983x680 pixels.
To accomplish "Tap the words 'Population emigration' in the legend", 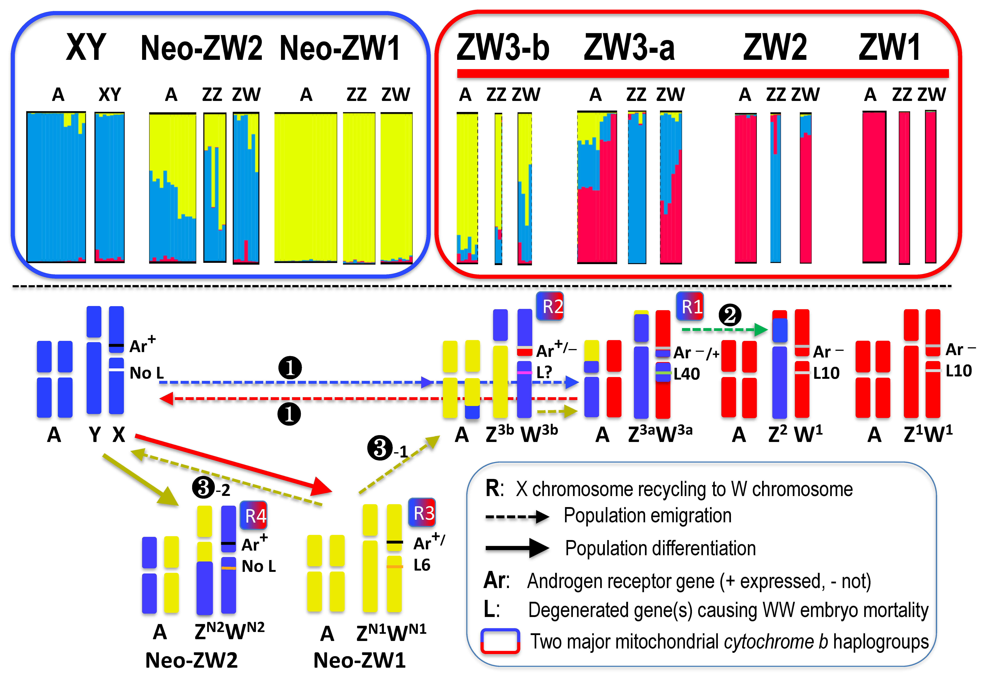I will click(647, 516).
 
